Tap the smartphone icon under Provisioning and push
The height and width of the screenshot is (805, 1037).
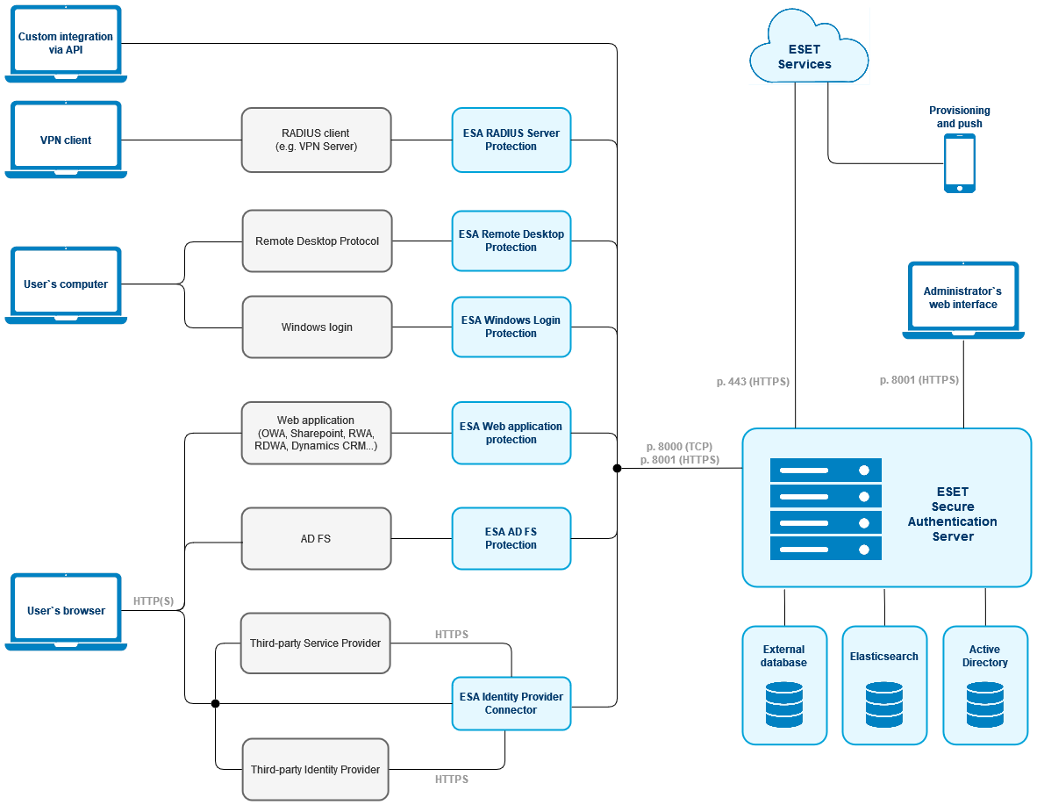click(x=959, y=163)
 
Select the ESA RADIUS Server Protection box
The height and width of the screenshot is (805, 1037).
click(x=511, y=140)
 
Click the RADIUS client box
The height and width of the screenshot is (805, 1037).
click(x=317, y=140)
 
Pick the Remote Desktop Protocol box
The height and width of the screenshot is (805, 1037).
click(x=317, y=241)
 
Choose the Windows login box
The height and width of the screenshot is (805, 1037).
click(x=317, y=327)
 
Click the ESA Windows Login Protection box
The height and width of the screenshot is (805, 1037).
click(x=511, y=327)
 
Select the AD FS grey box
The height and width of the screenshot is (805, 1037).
click(x=317, y=538)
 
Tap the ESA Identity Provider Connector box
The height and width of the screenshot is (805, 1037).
click(x=511, y=703)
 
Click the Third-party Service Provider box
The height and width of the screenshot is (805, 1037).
click(x=315, y=643)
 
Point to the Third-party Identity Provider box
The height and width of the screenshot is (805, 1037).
click(x=315, y=769)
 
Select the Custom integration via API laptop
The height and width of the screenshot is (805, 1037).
click(x=66, y=43)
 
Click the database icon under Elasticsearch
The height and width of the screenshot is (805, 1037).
click(x=883, y=705)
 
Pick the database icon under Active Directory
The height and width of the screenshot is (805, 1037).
click(x=984, y=705)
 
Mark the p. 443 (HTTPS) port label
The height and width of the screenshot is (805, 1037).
click(x=753, y=382)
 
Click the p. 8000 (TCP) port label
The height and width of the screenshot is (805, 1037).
click(x=680, y=446)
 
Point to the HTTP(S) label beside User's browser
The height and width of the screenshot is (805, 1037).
click(x=154, y=601)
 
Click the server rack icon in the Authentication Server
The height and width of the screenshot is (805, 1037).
click(x=826, y=509)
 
